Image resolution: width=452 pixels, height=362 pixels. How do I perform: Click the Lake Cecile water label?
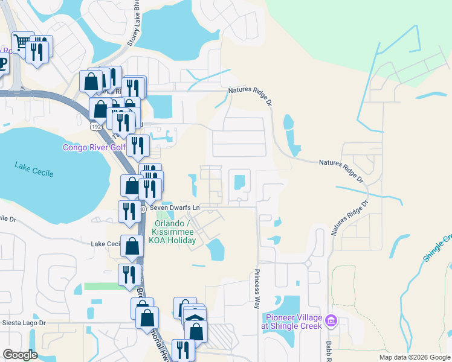pyautogui.click(x=34, y=170)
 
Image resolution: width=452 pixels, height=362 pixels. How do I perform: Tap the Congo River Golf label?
pyautogui.click(x=94, y=147)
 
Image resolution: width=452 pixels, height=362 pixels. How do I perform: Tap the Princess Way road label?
pyautogui.click(x=257, y=288)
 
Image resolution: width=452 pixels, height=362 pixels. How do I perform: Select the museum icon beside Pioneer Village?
pyautogui.click(x=331, y=320)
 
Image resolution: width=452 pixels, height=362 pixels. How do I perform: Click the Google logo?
pyautogui.click(x=20, y=355)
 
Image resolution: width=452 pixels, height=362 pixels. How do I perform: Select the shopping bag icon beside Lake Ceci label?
pyautogui.click(x=132, y=246)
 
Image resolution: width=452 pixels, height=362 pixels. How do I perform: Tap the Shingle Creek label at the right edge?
pyautogui.click(x=437, y=248)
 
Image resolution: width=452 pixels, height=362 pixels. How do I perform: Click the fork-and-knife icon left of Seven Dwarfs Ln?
pyautogui.click(x=129, y=212)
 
